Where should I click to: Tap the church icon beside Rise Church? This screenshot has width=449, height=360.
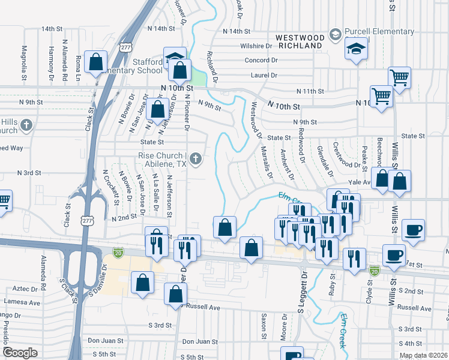point(195,159)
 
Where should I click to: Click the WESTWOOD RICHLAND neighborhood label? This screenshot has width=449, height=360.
point(300,41)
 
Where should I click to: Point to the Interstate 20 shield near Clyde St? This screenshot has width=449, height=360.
point(375,271)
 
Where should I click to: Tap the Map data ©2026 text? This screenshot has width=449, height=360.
point(423,355)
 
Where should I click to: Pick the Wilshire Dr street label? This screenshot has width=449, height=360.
point(257,46)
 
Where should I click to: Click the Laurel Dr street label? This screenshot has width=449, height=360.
point(265,76)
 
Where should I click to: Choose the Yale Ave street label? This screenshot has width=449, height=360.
point(359,183)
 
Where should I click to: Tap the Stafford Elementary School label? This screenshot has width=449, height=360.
point(135,66)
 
